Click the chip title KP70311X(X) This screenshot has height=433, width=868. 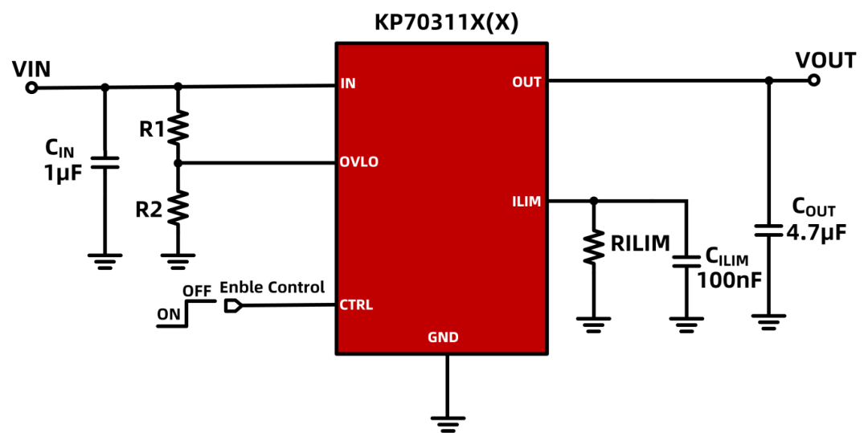446,22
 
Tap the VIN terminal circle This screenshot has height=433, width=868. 31,88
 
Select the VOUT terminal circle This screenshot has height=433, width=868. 813,80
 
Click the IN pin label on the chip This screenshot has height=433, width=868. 348,84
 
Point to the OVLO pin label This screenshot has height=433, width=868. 358,162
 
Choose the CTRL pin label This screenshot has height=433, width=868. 356,305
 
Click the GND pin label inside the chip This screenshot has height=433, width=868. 443,337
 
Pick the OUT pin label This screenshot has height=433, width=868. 526,82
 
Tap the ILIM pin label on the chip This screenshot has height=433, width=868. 526,201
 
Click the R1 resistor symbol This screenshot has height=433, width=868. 178,127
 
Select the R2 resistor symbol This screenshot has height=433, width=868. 178,207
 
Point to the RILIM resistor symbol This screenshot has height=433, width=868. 593,247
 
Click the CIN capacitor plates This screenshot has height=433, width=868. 104,162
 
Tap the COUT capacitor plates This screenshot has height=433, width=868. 769,231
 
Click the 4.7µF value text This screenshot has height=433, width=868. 817,233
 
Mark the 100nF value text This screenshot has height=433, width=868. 729,280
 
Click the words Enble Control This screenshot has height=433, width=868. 272,287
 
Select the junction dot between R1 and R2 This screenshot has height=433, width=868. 178,163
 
